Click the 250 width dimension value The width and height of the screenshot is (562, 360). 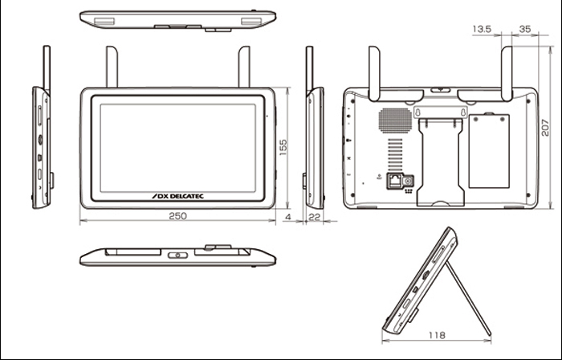point(177,216)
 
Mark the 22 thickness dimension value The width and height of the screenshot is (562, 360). point(314,216)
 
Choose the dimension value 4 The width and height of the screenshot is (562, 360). point(287,216)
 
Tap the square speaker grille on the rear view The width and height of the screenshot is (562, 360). point(394,119)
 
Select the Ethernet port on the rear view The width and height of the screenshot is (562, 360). point(395,182)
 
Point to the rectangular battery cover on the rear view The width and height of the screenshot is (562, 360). point(488,151)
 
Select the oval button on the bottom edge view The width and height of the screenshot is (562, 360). point(178,256)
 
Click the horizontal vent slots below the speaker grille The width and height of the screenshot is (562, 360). point(394,153)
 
